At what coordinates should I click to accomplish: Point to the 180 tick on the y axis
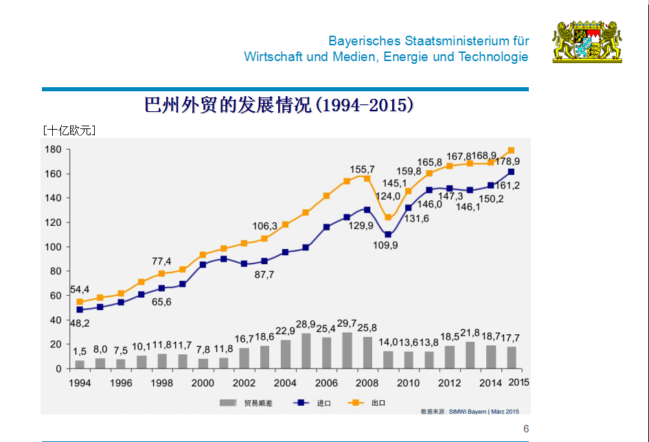53,150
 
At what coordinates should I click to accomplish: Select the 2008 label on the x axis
367,383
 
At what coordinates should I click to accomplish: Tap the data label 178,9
508,162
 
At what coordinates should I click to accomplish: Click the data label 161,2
508,185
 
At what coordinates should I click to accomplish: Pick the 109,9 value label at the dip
385,245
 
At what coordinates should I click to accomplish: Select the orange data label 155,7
362,170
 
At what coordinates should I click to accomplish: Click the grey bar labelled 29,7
347,351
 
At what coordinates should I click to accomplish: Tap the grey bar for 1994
80,364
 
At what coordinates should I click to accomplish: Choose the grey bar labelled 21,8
470,355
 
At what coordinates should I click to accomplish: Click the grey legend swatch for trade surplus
227,403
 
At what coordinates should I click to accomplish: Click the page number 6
526,429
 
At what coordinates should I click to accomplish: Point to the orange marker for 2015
511,150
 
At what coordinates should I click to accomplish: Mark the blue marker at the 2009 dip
388,235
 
